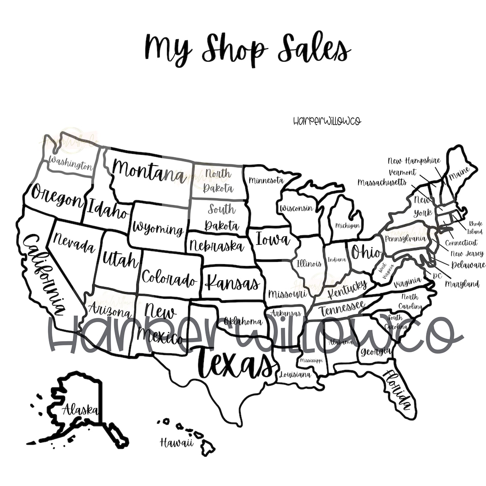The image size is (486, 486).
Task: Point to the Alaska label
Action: coord(81,409)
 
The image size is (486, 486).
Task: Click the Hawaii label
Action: coord(176,443)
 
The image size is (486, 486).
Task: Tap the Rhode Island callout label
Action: coord(475,228)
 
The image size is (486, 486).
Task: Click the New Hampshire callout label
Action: coord(414,161)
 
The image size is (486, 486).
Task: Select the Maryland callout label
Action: coord(462,284)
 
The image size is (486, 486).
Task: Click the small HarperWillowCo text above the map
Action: coord(327,121)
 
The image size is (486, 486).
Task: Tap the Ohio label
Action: coord(365,252)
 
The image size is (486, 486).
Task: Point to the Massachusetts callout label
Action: coord(382,182)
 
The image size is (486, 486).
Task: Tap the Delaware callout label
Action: coord(468,265)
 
